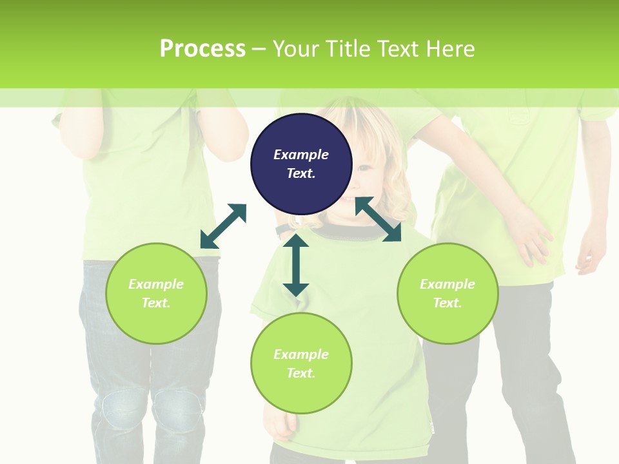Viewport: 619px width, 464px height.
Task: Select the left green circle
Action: point(156,293)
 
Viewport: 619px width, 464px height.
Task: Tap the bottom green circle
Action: point(301,363)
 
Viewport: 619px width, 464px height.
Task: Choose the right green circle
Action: point(447,293)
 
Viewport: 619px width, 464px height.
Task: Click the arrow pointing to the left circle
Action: point(223,226)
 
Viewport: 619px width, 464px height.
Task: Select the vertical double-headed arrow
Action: point(296,264)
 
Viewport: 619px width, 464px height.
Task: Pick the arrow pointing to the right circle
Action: point(378,219)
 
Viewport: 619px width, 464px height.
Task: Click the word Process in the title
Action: point(202,48)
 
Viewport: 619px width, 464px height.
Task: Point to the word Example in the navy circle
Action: point(301,155)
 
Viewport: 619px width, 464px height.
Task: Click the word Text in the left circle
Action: point(156,303)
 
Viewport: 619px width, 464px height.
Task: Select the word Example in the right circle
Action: point(447,284)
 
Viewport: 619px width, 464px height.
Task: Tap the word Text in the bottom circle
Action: point(301,373)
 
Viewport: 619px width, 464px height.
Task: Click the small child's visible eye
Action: point(365,168)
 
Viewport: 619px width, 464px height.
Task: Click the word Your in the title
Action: point(294,48)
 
